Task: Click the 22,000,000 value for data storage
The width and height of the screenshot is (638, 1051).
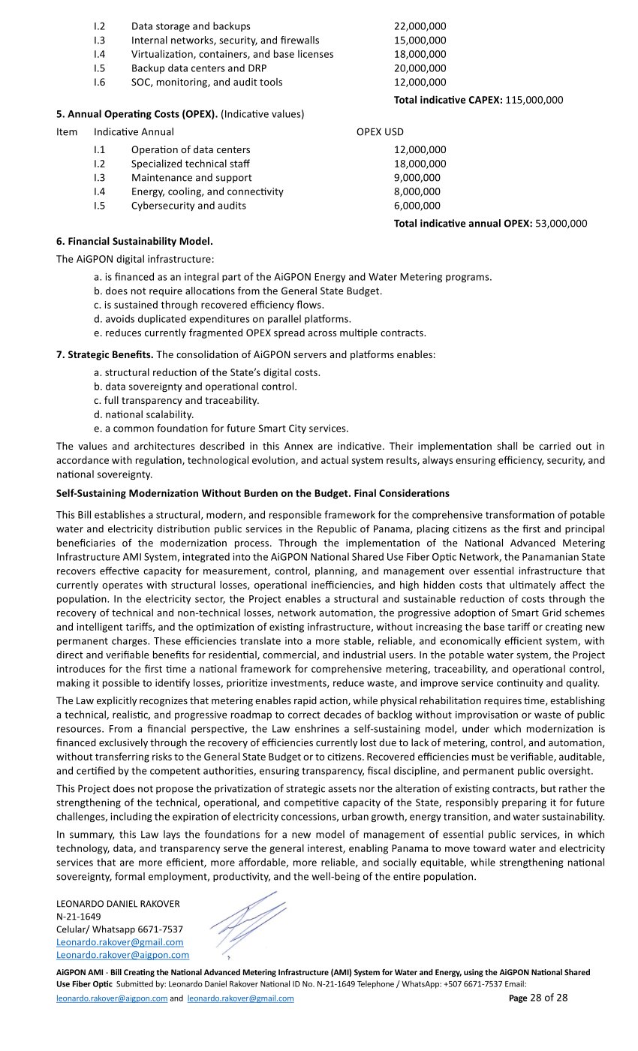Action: pos(420,26)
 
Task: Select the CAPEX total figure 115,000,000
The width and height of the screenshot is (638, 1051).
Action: pos(534,100)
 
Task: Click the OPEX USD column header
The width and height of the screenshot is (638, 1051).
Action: pos(380,132)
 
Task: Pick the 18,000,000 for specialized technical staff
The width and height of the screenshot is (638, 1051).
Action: pos(420,164)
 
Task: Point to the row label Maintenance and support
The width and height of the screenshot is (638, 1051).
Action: pos(191,178)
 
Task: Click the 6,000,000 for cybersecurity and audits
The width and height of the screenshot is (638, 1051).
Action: pos(417,206)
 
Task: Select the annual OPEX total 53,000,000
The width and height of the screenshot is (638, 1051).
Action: pos(561,223)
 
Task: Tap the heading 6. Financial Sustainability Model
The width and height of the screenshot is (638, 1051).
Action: pos(134,242)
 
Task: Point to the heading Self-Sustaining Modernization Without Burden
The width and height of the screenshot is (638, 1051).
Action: pos(252,493)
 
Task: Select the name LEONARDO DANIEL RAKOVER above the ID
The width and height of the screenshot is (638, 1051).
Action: pos(118,904)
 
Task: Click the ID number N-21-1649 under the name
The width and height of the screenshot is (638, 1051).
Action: pos(79,917)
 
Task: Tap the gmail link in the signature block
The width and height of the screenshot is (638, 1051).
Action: pos(119,942)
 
